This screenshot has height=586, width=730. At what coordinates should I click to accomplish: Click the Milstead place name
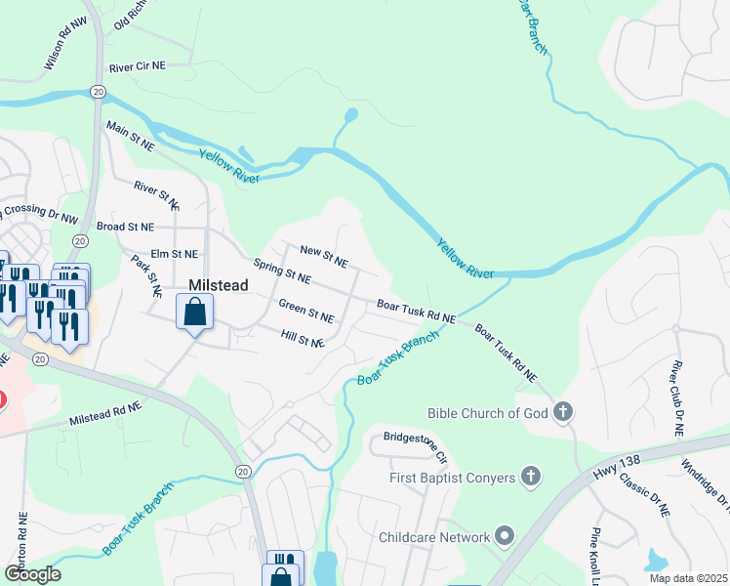217,285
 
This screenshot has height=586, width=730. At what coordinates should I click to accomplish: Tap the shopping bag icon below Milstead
195,314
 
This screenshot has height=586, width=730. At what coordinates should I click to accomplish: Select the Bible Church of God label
488,413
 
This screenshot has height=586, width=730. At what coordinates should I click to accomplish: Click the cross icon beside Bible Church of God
563,412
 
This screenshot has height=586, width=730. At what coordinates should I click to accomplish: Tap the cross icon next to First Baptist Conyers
530,477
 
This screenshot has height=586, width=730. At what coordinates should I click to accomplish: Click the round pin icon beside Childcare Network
504,536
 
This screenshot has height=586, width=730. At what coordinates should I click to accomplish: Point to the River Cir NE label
138,66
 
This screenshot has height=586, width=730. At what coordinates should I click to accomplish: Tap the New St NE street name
324,257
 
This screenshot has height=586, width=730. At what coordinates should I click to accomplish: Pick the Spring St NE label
281,272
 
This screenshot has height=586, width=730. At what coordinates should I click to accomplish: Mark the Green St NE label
306,312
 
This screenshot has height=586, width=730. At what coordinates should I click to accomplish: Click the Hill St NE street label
302,339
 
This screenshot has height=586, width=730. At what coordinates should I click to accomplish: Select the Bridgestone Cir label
415,444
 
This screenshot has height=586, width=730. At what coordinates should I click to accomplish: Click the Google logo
32,574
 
